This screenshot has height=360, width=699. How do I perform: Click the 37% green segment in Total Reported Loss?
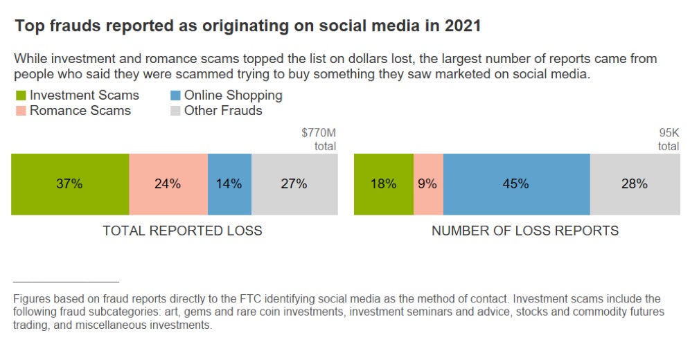[70, 184]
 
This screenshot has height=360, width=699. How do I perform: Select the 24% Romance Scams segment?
[168, 184]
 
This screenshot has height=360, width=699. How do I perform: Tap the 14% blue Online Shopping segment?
[229, 184]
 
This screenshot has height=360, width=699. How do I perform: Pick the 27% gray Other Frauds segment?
[294, 184]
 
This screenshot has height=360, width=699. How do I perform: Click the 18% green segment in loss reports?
[384, 184]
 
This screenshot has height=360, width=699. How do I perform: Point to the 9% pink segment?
[428, 184]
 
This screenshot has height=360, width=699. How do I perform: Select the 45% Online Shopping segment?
[516, 184]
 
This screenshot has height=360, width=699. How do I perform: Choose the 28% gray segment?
[635, 184]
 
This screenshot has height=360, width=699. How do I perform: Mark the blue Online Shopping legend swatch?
[175, 96]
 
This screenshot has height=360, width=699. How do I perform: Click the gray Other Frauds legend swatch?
[175, 110]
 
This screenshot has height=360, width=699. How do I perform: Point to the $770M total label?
[319, 138]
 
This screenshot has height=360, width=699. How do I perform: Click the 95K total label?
[669, 138]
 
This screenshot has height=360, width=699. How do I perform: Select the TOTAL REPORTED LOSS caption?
[182, 231]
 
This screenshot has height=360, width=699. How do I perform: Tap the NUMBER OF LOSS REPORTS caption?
[525, 231]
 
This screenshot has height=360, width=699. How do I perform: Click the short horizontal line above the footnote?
[66, 282]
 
